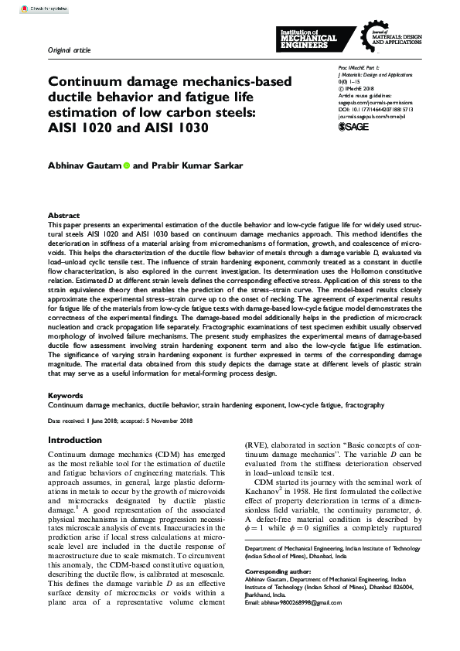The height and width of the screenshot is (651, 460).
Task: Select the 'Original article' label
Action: [69, 50]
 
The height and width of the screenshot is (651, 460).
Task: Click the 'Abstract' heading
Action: [63, 215]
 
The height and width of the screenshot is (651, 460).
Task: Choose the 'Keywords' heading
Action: [65, 396]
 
